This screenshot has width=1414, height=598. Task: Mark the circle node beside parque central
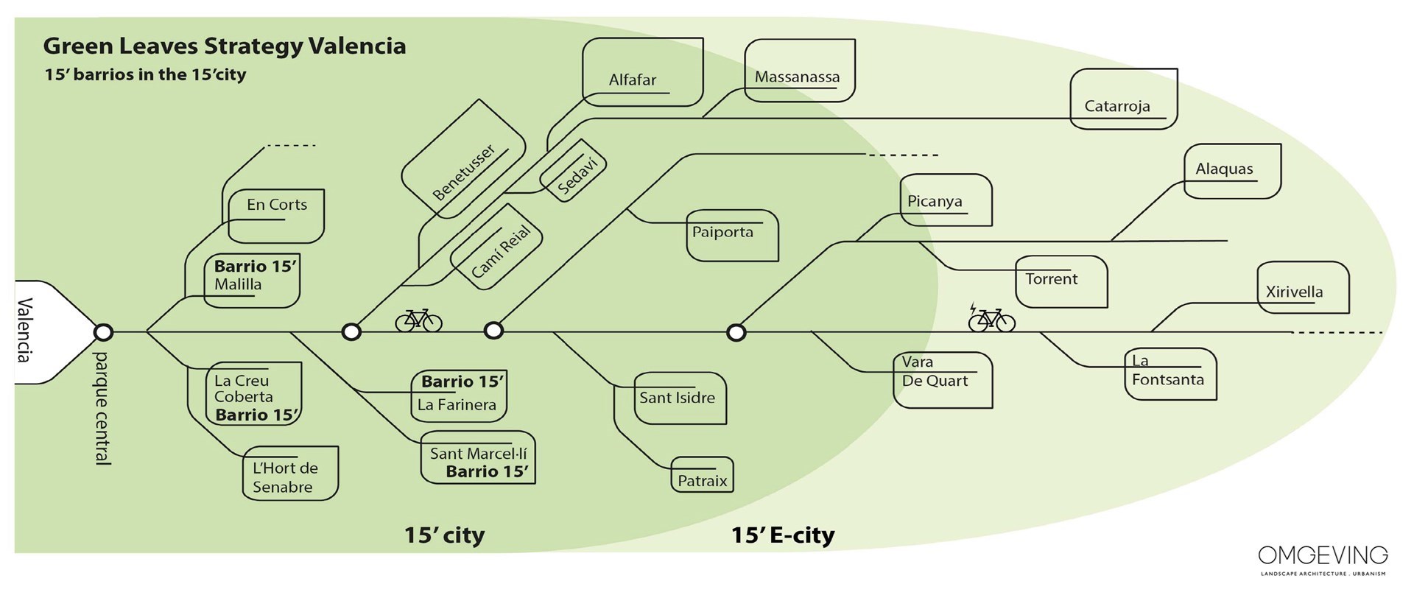pos(104,332)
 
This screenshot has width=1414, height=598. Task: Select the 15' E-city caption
pos(782,535)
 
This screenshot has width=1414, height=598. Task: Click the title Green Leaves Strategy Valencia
pos(225,46)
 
